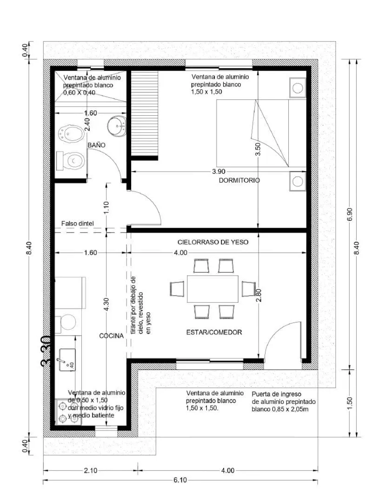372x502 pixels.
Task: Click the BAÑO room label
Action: tap(96, 145)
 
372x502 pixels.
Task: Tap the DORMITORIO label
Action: tap(239, 180)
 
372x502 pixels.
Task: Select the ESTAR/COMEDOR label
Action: tap(214, 332)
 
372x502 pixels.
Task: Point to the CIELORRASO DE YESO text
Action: tap(213, 242)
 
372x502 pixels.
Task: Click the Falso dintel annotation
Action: tap(77, 224)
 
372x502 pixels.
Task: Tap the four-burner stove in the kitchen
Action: tap(67, 412)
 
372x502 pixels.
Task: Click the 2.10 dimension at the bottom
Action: tap(91, 470)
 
